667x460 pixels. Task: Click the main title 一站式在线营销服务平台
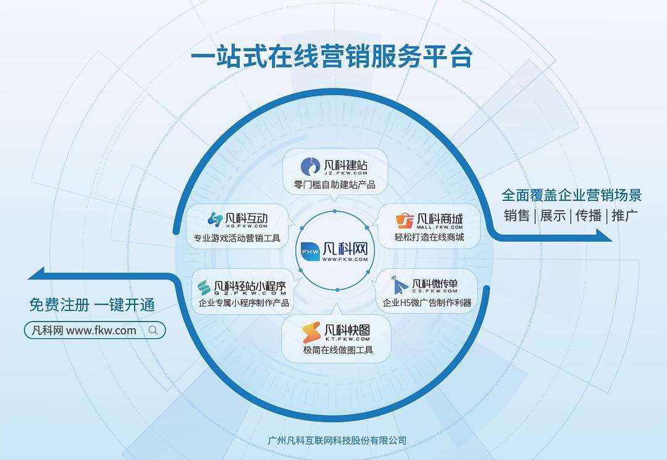[x=332, y=57]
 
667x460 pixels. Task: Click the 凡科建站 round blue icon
[x=310, y=166]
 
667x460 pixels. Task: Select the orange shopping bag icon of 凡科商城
[x=405, y=221]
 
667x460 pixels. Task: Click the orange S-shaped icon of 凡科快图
[x=311, y=333]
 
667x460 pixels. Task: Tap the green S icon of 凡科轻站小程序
[x=204, y=288]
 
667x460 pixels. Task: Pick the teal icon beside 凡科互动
[x=215, y=219]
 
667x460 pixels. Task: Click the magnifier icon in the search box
[x=153, y=330]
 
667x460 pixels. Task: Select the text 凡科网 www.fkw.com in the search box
[x=84, y=331]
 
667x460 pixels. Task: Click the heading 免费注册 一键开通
[x=92, y=305]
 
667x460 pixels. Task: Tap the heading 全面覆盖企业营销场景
[x=571, y=195]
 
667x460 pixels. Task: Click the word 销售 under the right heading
[x=516, y=216]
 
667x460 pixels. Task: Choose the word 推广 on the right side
[x=624, y=216]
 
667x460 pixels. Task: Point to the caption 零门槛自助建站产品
[x=335, y=185]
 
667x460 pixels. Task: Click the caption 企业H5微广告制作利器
[x=427, y=303]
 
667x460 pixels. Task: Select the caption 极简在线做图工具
[x=338, y=350]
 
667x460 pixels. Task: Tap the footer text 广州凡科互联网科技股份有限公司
[x=337, y=440]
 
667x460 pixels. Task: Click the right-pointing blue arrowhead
[x=604, y=235]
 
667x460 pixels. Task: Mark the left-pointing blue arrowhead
[x=36, y=273]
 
